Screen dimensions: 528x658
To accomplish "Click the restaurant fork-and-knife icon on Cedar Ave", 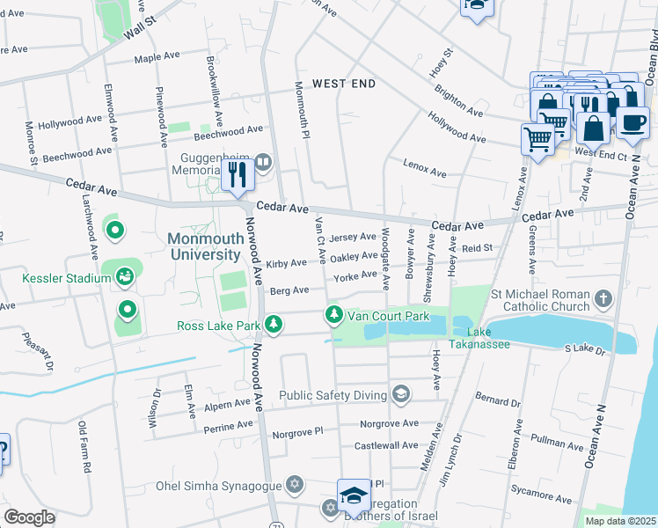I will pos(238,174).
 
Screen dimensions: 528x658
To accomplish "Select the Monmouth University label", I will pos(204,246).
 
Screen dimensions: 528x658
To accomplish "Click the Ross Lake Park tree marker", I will pos(274,325).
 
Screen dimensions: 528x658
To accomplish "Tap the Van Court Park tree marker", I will pos(333,314).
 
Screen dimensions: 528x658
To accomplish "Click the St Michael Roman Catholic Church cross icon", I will pos(603,299).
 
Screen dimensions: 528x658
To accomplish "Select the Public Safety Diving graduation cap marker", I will pos(401,393).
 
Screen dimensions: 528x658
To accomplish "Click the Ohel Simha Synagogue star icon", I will pos(295,485).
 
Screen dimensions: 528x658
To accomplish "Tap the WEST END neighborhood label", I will pos(344,84).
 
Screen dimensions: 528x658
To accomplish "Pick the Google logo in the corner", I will pos(28,517).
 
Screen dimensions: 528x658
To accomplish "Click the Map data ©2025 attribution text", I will pos(619,521).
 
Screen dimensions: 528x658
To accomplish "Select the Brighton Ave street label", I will pos(457,101).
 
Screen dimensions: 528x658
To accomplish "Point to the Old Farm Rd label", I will pos(84,448).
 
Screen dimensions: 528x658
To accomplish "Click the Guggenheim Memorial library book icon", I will pos(264,163).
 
